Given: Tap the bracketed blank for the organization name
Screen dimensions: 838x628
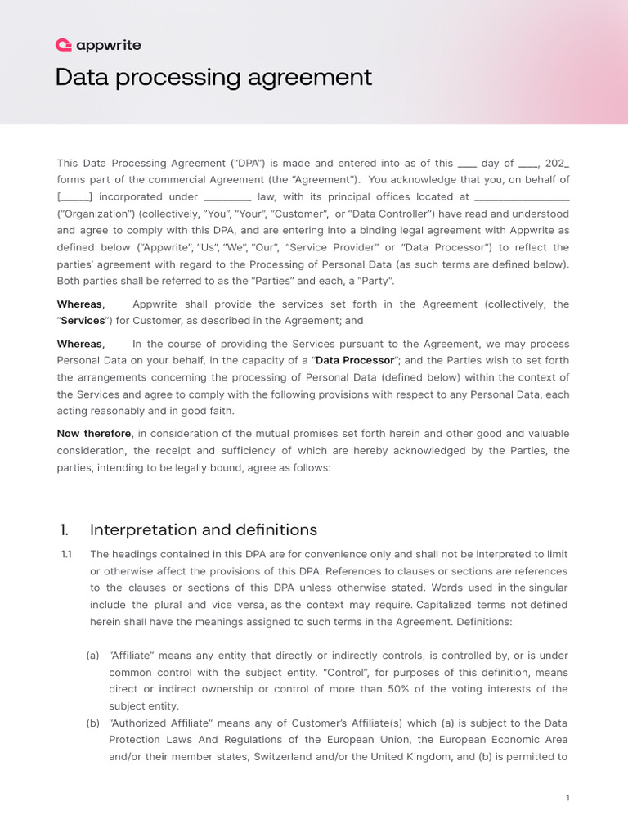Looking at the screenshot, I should pos(74,196).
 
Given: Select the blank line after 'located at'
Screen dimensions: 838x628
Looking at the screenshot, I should pos(522,197).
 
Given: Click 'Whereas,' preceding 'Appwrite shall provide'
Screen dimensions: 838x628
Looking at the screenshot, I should pos(80,304).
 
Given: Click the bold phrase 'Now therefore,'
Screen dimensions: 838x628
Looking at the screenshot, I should pos(95,433).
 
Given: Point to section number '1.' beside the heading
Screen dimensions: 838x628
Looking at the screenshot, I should pos(63,529).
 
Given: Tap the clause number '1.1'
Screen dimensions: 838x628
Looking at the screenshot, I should pos(67,554).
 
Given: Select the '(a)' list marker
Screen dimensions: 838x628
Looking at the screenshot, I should pos(94,656).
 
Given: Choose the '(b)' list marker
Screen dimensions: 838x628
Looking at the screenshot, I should pos(94,723).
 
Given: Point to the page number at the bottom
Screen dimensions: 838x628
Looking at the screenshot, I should pos(567,798).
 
